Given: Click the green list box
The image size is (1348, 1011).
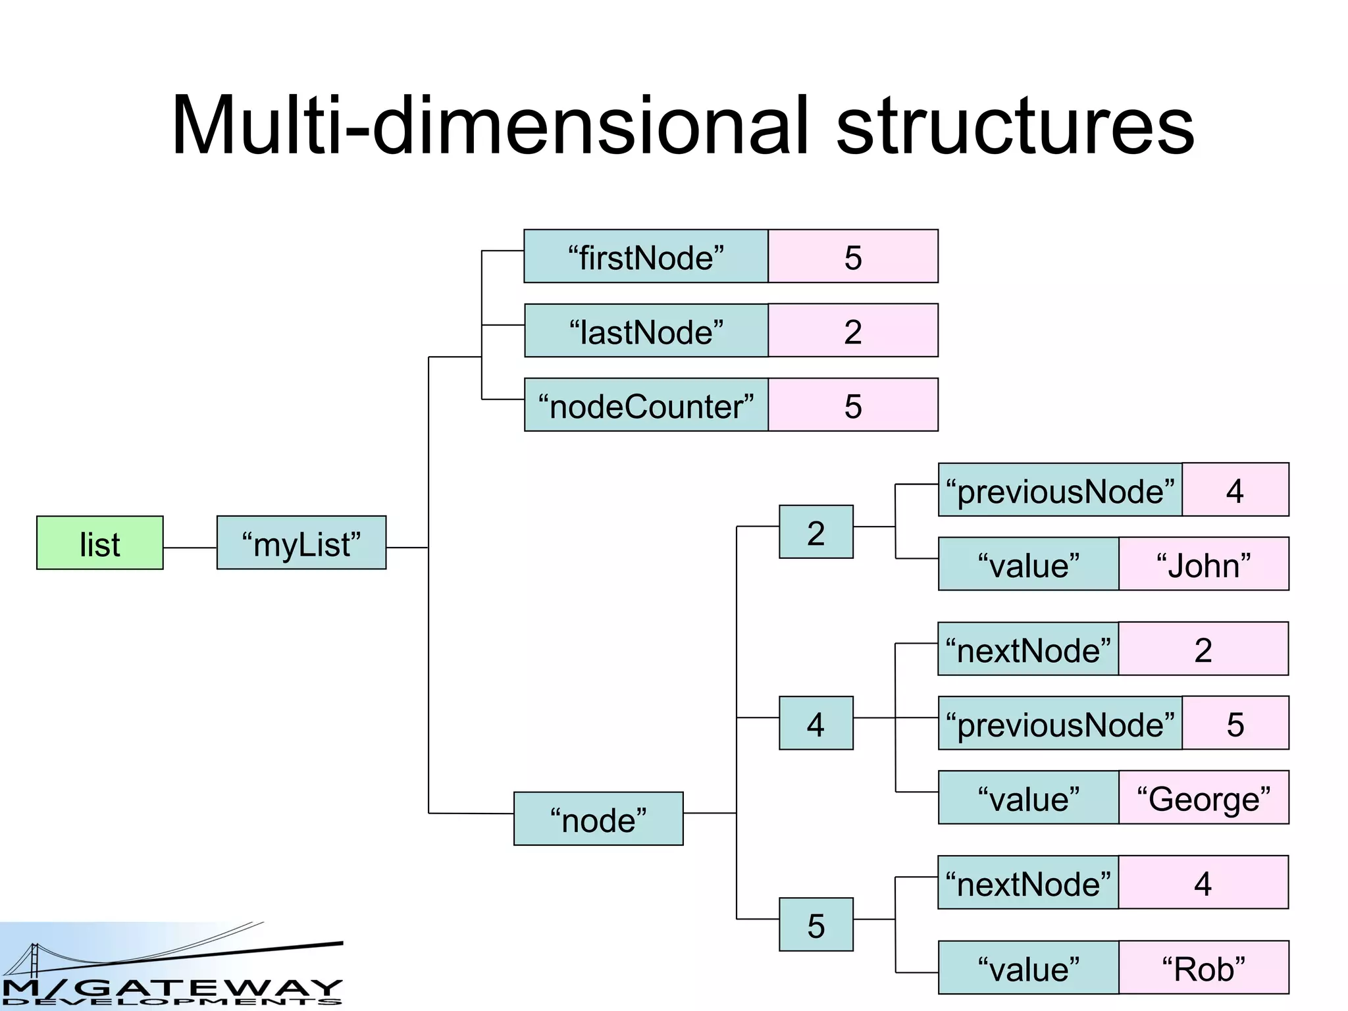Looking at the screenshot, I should point(99,542).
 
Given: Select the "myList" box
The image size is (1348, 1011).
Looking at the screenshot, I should point(301,542).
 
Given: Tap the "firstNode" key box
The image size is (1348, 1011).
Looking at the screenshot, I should point(646,257).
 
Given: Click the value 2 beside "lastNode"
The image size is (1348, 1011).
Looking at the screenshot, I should point(852,330).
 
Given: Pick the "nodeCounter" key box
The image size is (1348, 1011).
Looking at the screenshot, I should point(646,405).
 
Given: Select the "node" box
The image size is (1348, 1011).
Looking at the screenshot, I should point(598,818).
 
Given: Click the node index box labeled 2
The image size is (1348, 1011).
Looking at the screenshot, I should point(816,532).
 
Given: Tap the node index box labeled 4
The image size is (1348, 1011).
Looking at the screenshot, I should point(816,723).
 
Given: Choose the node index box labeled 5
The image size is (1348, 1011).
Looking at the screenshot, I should point(816,924).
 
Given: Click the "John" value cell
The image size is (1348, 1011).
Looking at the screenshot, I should point(1203,564).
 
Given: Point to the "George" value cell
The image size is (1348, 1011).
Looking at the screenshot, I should point(1203,797).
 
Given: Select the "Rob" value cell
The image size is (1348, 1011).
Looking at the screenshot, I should point(1203,967).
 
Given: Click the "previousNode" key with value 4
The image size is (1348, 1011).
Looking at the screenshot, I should point(1060,490).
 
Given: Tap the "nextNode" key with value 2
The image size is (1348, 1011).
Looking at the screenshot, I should point(1027,649).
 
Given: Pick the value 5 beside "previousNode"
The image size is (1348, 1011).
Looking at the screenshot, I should point(1235,723).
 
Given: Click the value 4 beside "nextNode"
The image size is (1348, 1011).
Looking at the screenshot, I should point(1203,882).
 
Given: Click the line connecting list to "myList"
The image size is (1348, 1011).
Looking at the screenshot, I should point(190,548).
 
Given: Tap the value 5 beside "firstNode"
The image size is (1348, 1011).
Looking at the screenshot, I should point(852,257).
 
